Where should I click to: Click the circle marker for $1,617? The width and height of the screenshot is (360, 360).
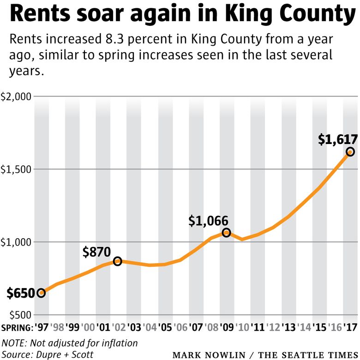tap(350, 152)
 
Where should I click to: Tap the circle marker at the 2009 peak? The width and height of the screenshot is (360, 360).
tap(226, 233)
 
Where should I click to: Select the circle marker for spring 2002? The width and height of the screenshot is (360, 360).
tap(118, 261)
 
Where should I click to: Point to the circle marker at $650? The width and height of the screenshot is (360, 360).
tap(41, 293)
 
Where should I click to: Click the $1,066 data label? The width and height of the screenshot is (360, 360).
tap(209, 221)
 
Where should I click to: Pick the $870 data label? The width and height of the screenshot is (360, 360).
tap(96, 252)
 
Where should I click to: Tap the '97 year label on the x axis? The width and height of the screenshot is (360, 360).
tap(42, 327)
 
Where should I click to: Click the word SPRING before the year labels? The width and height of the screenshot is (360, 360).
tap(17, 327)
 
